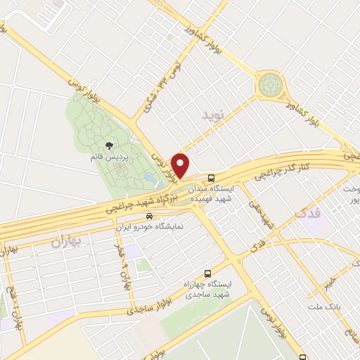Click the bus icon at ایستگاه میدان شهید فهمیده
coord(212,177)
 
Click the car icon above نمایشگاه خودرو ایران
coord(148,216)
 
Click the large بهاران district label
coord(66,243)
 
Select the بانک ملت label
coord(323,307)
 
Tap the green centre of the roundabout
coord(269,86)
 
